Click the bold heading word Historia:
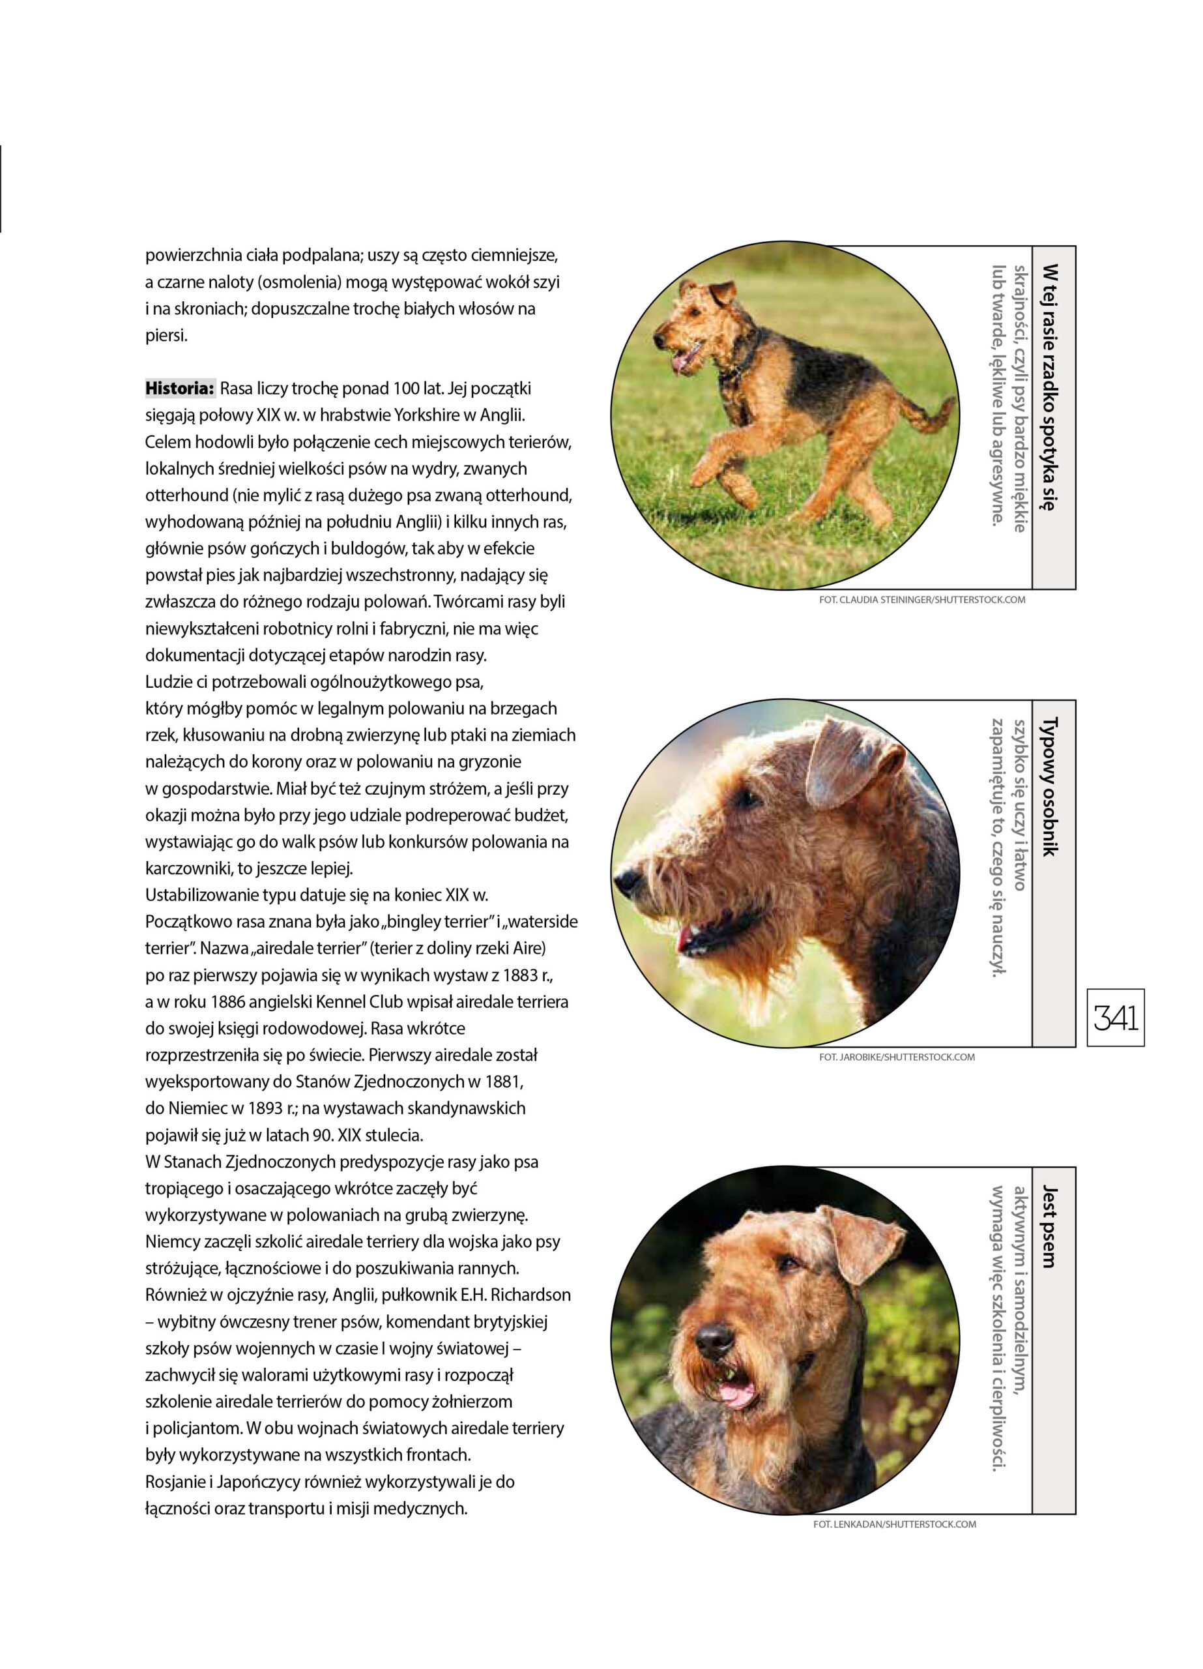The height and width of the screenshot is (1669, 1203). click(179, 389)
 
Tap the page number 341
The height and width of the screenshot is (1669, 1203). click(1116, 1018)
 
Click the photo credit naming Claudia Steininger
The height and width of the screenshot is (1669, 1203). click(921, 600)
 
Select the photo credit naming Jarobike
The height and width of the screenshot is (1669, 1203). click(896, 1057)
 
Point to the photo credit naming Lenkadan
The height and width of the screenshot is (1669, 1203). click(894, 1524)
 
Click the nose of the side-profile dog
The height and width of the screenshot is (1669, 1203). click(627, 878)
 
